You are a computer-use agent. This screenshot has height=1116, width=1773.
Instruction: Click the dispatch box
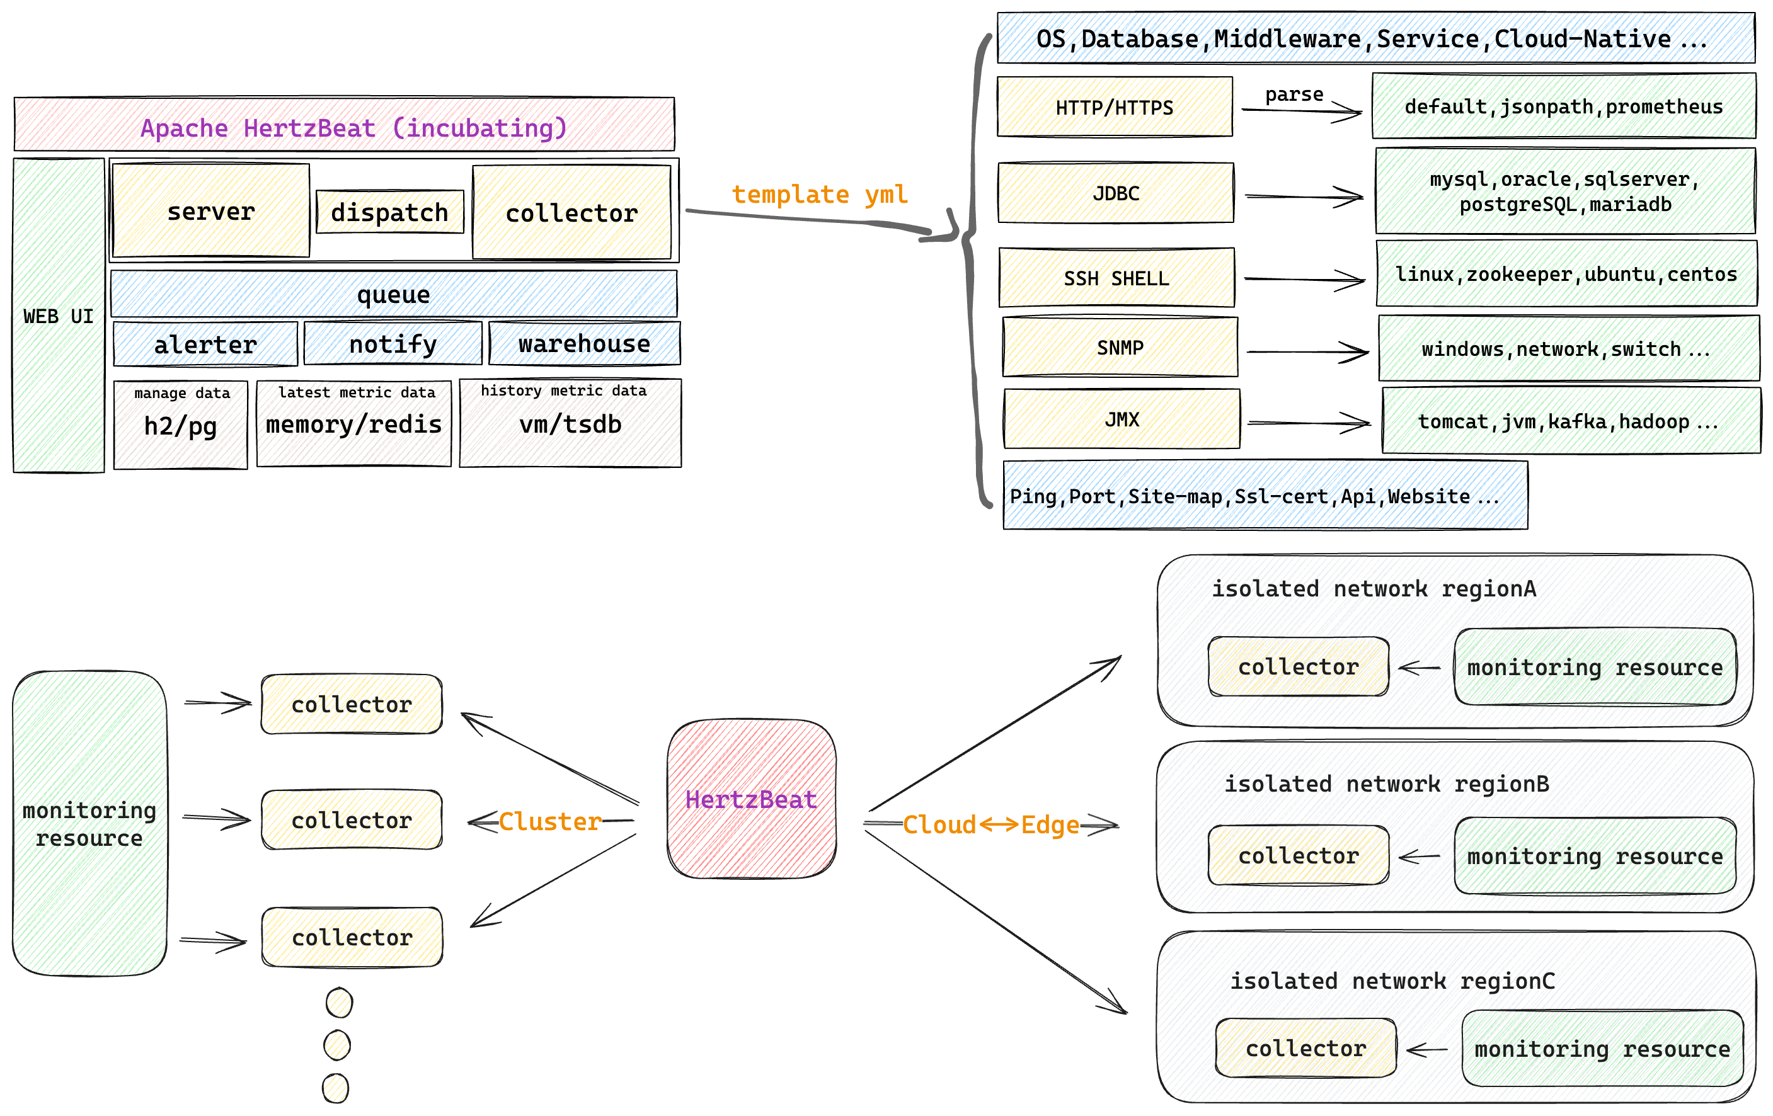[389, 212]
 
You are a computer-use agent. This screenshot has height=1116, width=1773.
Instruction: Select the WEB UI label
[58, 317]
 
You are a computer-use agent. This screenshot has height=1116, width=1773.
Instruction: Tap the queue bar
[394, 293]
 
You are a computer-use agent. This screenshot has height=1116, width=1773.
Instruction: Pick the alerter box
[205, 344]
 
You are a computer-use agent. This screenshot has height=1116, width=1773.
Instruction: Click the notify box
[393, 343]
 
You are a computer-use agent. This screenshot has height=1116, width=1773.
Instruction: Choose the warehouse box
[585, 343]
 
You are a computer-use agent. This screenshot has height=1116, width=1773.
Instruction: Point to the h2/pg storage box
[180, 424]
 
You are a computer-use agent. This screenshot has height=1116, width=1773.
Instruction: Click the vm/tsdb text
[571, 424]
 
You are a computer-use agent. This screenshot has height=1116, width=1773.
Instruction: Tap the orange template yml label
[820, 195]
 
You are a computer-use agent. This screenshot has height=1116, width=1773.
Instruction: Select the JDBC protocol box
[1115, 193]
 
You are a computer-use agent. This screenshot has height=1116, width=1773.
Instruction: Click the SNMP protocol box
[1120, 347]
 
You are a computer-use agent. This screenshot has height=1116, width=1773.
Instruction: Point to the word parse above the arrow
[1294, 95]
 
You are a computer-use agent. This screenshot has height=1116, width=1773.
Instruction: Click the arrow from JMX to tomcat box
[1309, 423]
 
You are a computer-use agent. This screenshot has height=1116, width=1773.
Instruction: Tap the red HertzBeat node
[752, 799]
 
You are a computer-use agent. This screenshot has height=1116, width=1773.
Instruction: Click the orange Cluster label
[550, 821]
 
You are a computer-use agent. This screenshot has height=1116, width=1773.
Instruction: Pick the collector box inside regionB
[1298, 855]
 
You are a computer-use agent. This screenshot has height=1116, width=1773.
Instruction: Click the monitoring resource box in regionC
[1602, 1048]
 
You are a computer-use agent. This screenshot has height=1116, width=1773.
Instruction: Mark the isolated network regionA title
[1374, 589]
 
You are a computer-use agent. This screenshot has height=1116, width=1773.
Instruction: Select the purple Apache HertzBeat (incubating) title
[354, 128]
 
